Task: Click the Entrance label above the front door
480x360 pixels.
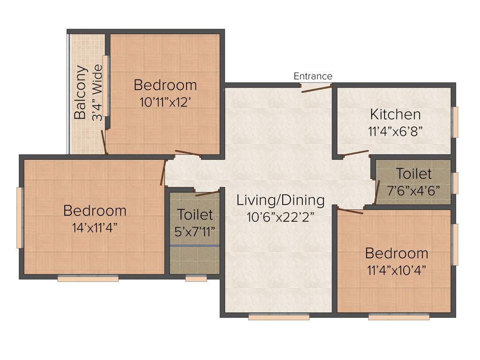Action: point(313,76)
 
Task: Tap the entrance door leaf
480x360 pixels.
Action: point(316,89)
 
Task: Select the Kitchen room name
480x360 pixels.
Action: point(395,114)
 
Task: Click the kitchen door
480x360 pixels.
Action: point(356,153)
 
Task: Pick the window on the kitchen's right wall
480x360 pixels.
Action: point(454,121)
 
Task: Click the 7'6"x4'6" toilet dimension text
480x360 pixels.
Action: point(413,189)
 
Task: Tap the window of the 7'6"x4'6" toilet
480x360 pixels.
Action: point(454,183)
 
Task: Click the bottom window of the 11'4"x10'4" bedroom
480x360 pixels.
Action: point(398,317)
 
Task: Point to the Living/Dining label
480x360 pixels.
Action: point(280,200)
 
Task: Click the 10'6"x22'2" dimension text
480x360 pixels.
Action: point(280,217)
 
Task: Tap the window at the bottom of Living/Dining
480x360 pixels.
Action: point(279,317)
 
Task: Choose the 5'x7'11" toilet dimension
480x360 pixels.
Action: point(195,231)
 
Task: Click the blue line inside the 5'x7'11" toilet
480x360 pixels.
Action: point(195,246)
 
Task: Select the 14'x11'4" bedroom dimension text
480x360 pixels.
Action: point(95,227)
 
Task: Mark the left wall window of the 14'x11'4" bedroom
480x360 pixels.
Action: point(20,217)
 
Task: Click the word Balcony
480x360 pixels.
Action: point(81,92)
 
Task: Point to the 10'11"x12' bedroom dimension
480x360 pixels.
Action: point(165,102)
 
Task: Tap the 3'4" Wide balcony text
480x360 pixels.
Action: point(97,93)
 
